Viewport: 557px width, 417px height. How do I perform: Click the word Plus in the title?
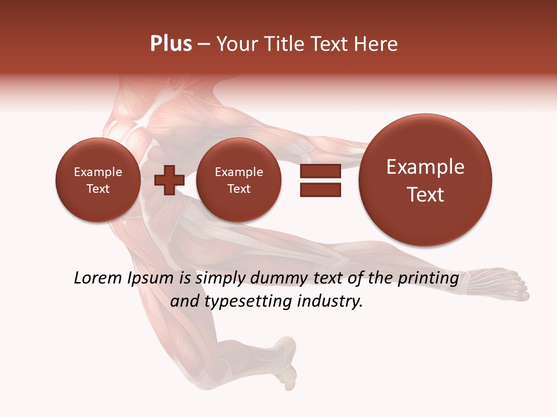click(x=171, y=44)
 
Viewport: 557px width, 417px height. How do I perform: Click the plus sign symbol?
click(x=169, y=180)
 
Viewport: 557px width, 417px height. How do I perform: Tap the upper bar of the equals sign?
click(x=320, y=171)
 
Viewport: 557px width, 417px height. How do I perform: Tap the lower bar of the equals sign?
click(x=320, y=189)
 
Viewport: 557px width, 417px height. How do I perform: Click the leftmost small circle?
click(x=97, y=180)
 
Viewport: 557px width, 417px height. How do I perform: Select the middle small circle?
click(x=238, y=180)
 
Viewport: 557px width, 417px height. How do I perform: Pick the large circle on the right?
click(x=425, y=180)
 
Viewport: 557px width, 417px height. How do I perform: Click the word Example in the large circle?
click(x=425, y=167)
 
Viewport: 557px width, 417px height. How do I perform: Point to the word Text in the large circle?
click(x=425, y=195)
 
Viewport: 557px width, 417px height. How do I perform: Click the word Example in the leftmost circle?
click(x=97, y=172)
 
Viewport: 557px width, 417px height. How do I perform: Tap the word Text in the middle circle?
click(x=238, y=189)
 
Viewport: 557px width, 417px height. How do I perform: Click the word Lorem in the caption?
click(x=98, y=279)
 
